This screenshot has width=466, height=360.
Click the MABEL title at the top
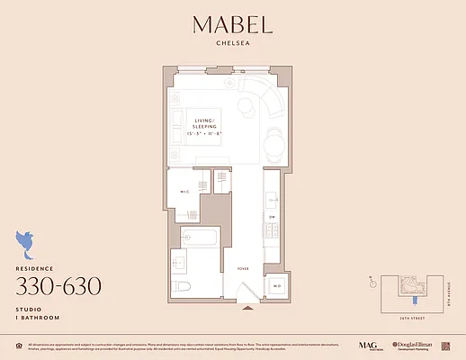click(233, 26)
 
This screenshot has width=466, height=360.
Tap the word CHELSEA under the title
click(233, 49)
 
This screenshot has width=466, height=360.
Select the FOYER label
click(243, 267)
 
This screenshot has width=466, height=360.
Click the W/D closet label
click(277, 285)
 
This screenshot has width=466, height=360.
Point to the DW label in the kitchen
click(272, 216)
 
